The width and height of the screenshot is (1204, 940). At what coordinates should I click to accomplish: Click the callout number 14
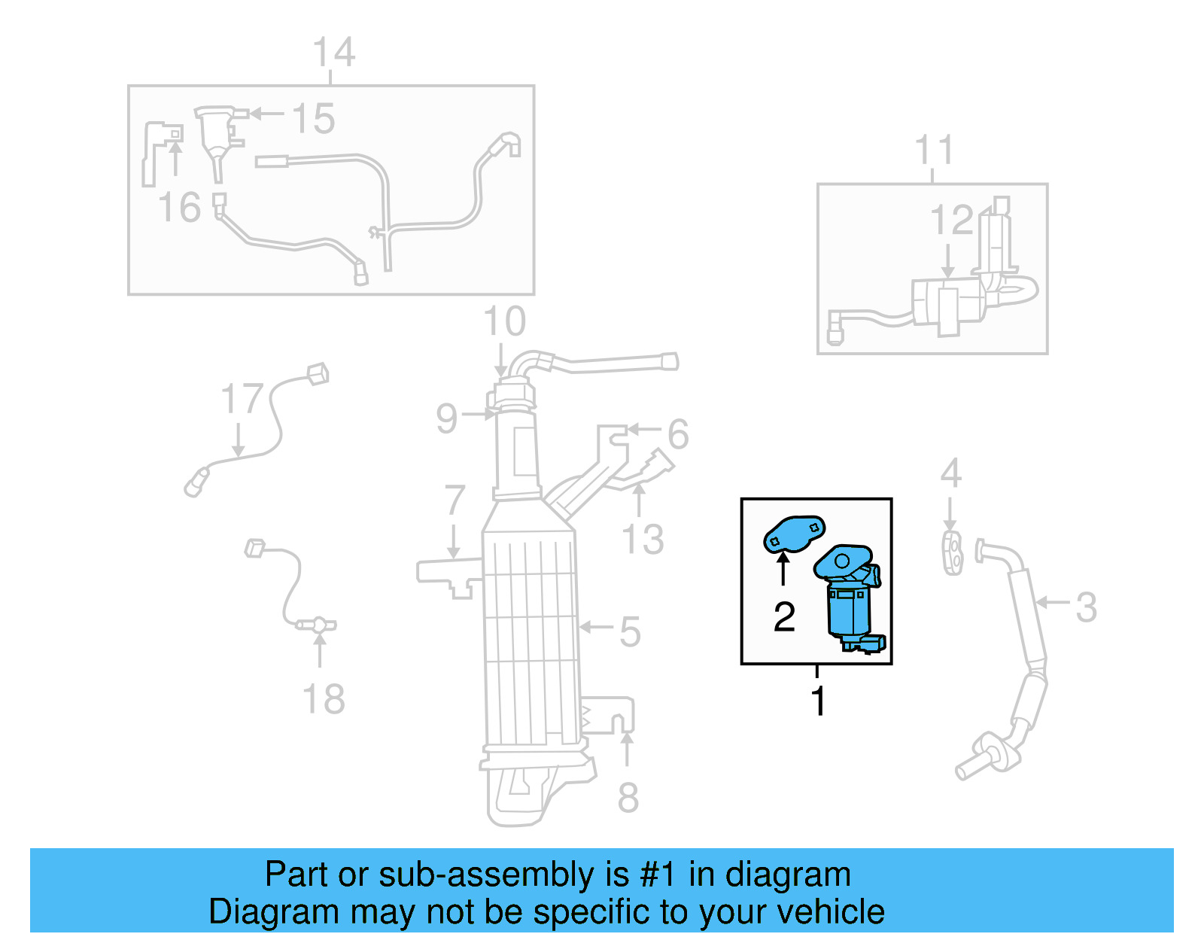point(333,53)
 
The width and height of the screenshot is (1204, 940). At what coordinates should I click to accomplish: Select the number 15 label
point(313,119)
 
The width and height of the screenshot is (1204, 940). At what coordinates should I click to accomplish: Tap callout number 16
point(180,208)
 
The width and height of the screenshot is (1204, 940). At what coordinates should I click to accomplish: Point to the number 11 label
point(934,151)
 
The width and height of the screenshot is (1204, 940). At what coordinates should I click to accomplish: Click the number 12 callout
point(952,221)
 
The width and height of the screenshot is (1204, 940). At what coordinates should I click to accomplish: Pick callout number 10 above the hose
point(504,322)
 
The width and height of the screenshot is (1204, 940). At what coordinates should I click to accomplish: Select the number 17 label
point(242,399)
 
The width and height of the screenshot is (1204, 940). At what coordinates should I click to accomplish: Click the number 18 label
point(324,699)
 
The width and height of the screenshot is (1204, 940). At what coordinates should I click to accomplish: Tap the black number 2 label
point(784,617)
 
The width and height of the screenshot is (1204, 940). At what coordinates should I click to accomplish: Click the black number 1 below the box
point(819,701)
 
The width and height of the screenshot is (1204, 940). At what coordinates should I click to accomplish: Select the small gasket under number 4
point(953,553)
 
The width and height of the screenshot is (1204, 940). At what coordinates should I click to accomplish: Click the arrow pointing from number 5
point(596,627)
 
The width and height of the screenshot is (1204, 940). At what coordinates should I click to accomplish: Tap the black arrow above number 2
point(783,568)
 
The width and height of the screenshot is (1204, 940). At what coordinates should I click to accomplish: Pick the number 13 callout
point(643,540)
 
